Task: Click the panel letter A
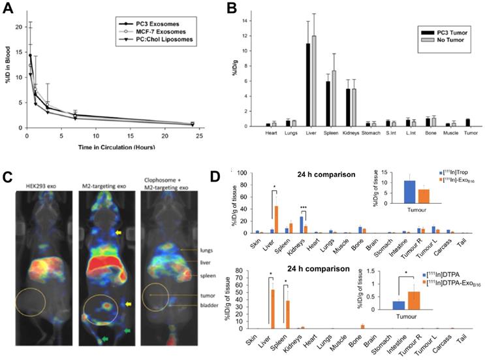[8, 9]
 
